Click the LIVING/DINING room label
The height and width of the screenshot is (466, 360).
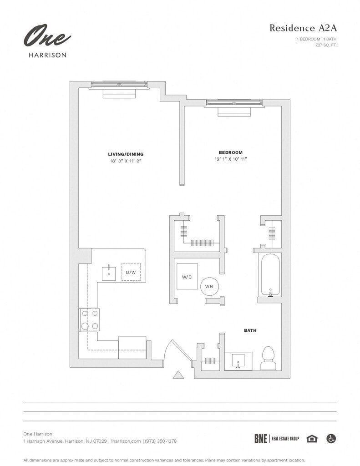[126, 154]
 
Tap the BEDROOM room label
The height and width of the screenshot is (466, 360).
[231, 152]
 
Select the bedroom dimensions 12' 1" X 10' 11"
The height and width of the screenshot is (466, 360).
[231, 159]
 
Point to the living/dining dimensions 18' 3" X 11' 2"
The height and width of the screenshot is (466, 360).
[126, 161]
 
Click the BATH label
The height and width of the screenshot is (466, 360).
[250, 330]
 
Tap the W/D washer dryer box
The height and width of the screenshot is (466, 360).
[187, 276]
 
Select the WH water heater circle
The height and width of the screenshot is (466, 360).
[209, 286]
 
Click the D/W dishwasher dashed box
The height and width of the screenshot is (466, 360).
[131, 272]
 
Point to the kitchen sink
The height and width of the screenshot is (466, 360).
[109, 273]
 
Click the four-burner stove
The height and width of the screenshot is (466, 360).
[90, 319]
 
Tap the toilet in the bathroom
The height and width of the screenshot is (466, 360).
[268, 358]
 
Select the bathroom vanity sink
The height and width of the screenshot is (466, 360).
[238, 361]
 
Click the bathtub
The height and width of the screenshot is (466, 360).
[270, 275]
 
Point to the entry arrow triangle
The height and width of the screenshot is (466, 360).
[178, 375]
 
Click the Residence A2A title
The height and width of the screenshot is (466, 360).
[303, 28]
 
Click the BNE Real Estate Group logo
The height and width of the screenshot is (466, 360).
[277, 439]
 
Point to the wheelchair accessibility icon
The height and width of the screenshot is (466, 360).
[331, 439]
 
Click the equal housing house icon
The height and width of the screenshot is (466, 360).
[312, 439]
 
